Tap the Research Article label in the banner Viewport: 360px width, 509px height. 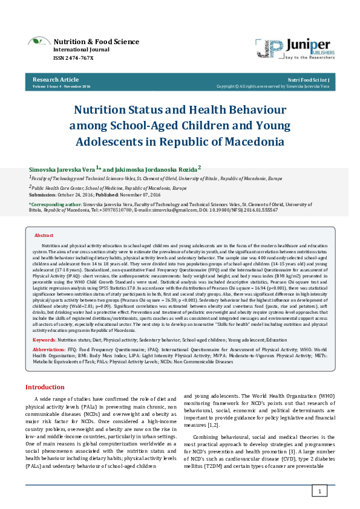55,79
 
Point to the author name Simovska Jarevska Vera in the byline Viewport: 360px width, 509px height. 61,170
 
